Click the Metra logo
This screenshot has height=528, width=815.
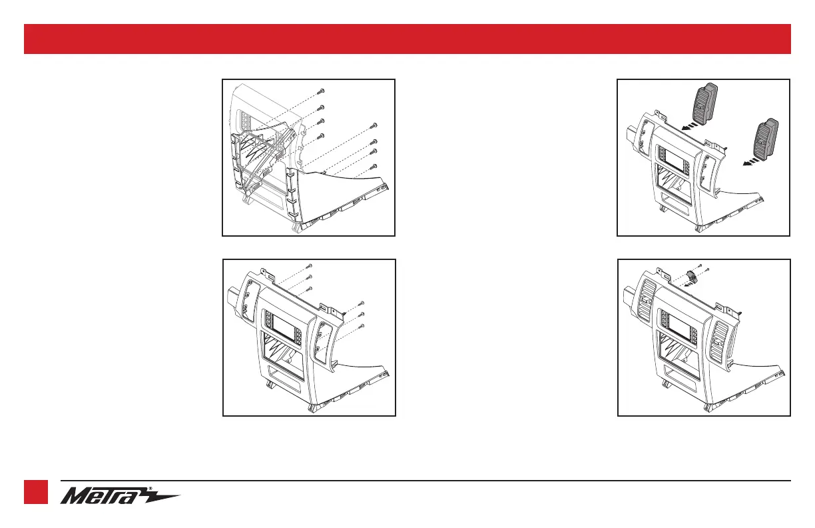120,495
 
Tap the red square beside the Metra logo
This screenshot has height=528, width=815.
36,492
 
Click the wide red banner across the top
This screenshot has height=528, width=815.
407,39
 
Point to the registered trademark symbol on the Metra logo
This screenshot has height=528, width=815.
150,489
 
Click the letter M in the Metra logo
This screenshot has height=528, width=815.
74,496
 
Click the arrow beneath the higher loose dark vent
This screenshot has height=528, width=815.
691,126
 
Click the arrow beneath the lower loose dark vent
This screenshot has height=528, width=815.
752,162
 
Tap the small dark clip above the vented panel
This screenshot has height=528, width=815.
692,277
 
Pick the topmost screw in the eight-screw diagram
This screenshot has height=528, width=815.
321,91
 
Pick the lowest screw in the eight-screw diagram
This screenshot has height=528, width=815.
373,167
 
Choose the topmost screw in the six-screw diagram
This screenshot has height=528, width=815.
310,265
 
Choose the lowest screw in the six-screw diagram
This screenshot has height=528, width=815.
362,326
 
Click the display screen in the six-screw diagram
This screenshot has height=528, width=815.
284,325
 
